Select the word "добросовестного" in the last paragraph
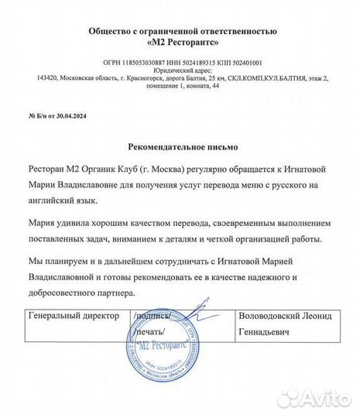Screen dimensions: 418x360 70,293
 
